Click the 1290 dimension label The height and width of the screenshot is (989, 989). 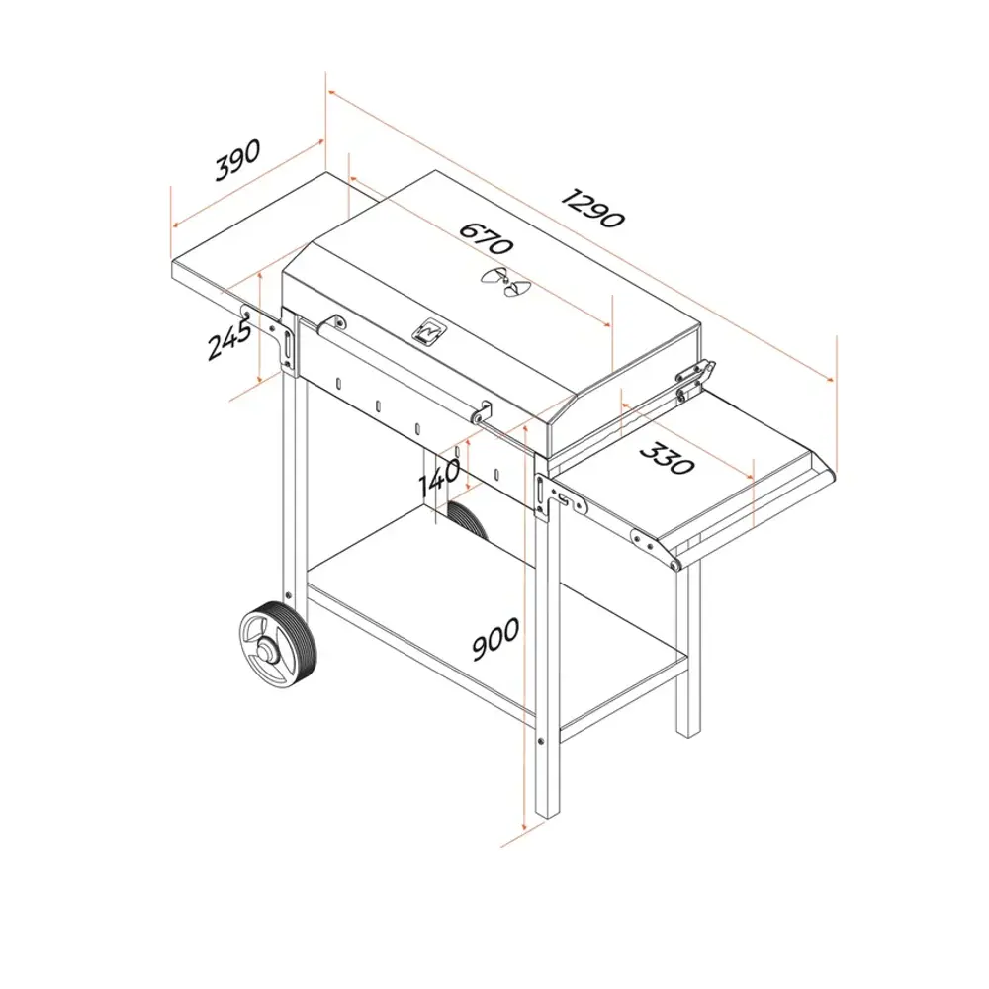click(x=592, y=208)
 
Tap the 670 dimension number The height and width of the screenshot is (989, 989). click(x=486, y=237)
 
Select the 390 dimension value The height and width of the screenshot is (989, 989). click(x=237, y=160)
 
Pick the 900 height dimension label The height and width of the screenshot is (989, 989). click(x=496, y=639)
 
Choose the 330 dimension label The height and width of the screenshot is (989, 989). click(x=668, y=457)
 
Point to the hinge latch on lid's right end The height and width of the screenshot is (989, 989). click(x=696, y=381)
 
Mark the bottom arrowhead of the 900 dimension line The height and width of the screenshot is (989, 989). click(x=524, y=825)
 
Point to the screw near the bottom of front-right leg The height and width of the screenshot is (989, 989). click(x=541, y=741)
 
